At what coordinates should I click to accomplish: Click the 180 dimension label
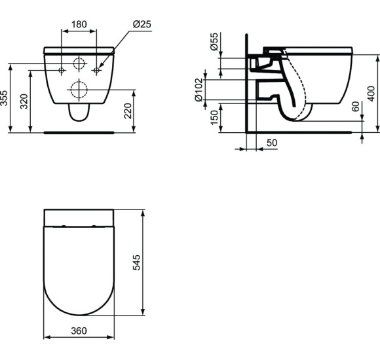(x=79, y=24)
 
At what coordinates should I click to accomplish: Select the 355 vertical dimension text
(x=6, y=98)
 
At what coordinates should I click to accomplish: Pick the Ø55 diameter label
(x=213, y=44)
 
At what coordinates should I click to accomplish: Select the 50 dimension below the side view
(x=271, y=142)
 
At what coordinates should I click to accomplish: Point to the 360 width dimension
(x=79, y=331)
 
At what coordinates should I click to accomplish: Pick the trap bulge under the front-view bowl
(x=79, y=114)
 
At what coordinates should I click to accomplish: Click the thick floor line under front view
(x=79, y=132)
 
